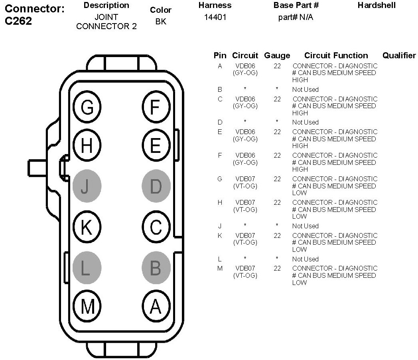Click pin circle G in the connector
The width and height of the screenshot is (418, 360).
point(87,107)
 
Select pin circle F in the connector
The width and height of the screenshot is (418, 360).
point(156,107)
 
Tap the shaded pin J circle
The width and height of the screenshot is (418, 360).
point(87,186)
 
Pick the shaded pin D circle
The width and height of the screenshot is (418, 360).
point(156,186)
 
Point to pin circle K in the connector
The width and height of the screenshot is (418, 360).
point(87,228)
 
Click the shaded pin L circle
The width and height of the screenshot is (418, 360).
point(87,267)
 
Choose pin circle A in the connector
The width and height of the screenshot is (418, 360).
point(156,307)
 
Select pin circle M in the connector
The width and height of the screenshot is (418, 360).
point(87,307)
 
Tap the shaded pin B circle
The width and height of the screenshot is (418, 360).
point(156,267)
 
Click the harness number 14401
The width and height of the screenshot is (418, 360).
point(215,18)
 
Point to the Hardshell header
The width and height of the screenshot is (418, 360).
point(377,5)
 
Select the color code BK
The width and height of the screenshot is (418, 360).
point(161,22)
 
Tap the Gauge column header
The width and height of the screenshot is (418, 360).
point(277,55)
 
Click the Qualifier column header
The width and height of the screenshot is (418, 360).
point(399,55)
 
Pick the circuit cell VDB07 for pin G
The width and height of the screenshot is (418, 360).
point(245,179)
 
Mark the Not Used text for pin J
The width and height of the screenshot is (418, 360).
point(305,226)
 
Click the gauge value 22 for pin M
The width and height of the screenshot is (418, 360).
point(277,268)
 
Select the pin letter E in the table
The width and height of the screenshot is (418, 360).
point(220,132)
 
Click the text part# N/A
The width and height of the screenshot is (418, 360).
point(296,18)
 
